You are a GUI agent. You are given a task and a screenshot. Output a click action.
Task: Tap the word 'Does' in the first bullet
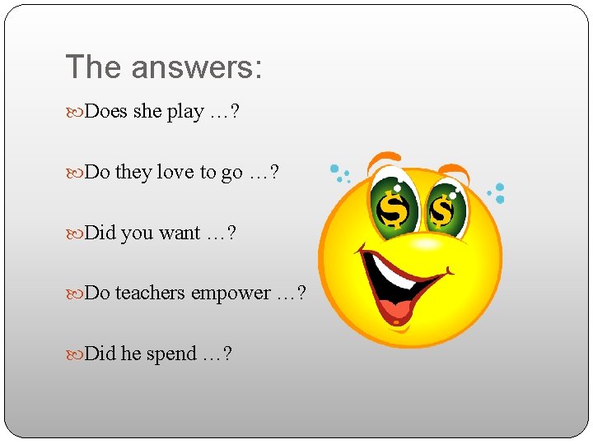pos(105,112)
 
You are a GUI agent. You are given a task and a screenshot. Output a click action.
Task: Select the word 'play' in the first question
pos(185,113)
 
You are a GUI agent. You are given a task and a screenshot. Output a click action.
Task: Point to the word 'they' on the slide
pos(133,173)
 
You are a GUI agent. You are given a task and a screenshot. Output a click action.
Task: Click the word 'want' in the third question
pos(180,234)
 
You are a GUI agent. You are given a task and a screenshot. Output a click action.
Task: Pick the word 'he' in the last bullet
pos(131,354)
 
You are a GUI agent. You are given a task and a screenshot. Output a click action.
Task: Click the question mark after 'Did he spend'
pos(226,354)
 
